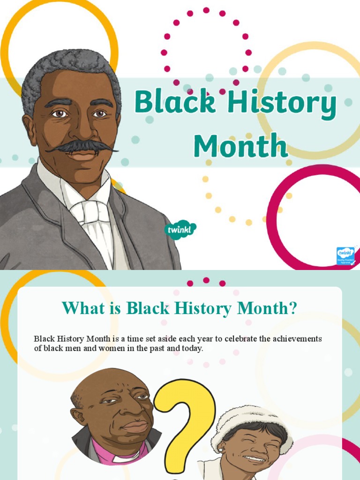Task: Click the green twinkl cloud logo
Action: tap(180, 229)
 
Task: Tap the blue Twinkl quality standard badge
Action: tap(345, 256)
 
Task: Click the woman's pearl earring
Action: tap(219, 450)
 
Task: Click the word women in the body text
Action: tap(112, 349)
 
